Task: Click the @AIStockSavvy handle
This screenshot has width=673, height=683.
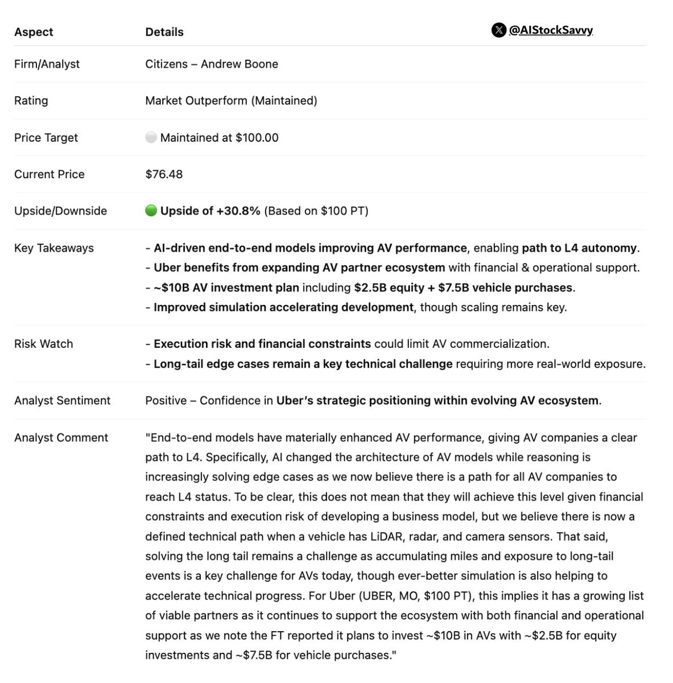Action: pyautogui.click(x=551, y=30)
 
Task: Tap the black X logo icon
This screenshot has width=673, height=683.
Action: pyautogui.click(x=498, y=30)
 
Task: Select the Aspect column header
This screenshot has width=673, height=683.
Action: pyautogui.click(x=34, y=32)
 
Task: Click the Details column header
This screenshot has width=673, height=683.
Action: pyautogui.click(x=164, y=32)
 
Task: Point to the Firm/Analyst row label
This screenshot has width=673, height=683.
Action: pyautogui.click(x=47, y=64)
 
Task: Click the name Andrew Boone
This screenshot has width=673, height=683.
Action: pyautogui.click(x=240, y=64)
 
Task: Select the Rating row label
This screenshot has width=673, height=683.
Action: pyautogui.click(x=31, y=101)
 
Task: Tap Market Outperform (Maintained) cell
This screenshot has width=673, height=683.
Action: pyautogui.click(x=231, y=101)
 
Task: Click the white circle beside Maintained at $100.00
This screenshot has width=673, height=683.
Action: pyautogui.click(x=151, y=137)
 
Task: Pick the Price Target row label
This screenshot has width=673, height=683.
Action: pyautogui.click(x=46, y=138)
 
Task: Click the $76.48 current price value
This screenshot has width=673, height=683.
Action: pyautogui.click(x=164, y=174)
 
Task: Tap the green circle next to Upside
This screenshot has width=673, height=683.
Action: pyautogui.click(x=151, y=211)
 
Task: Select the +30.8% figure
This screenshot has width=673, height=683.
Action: pyautogui.click(x=238, y=211)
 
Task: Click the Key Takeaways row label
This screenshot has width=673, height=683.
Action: pyautogui.click(x=54, y=248)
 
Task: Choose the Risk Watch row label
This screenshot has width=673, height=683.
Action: pyautogui.click(x=44, y=344)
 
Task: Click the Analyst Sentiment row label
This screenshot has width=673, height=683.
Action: pyautogui.click(x=63, y=401)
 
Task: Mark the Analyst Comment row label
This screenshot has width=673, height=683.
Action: pyautogui.click(x=61, y=438)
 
